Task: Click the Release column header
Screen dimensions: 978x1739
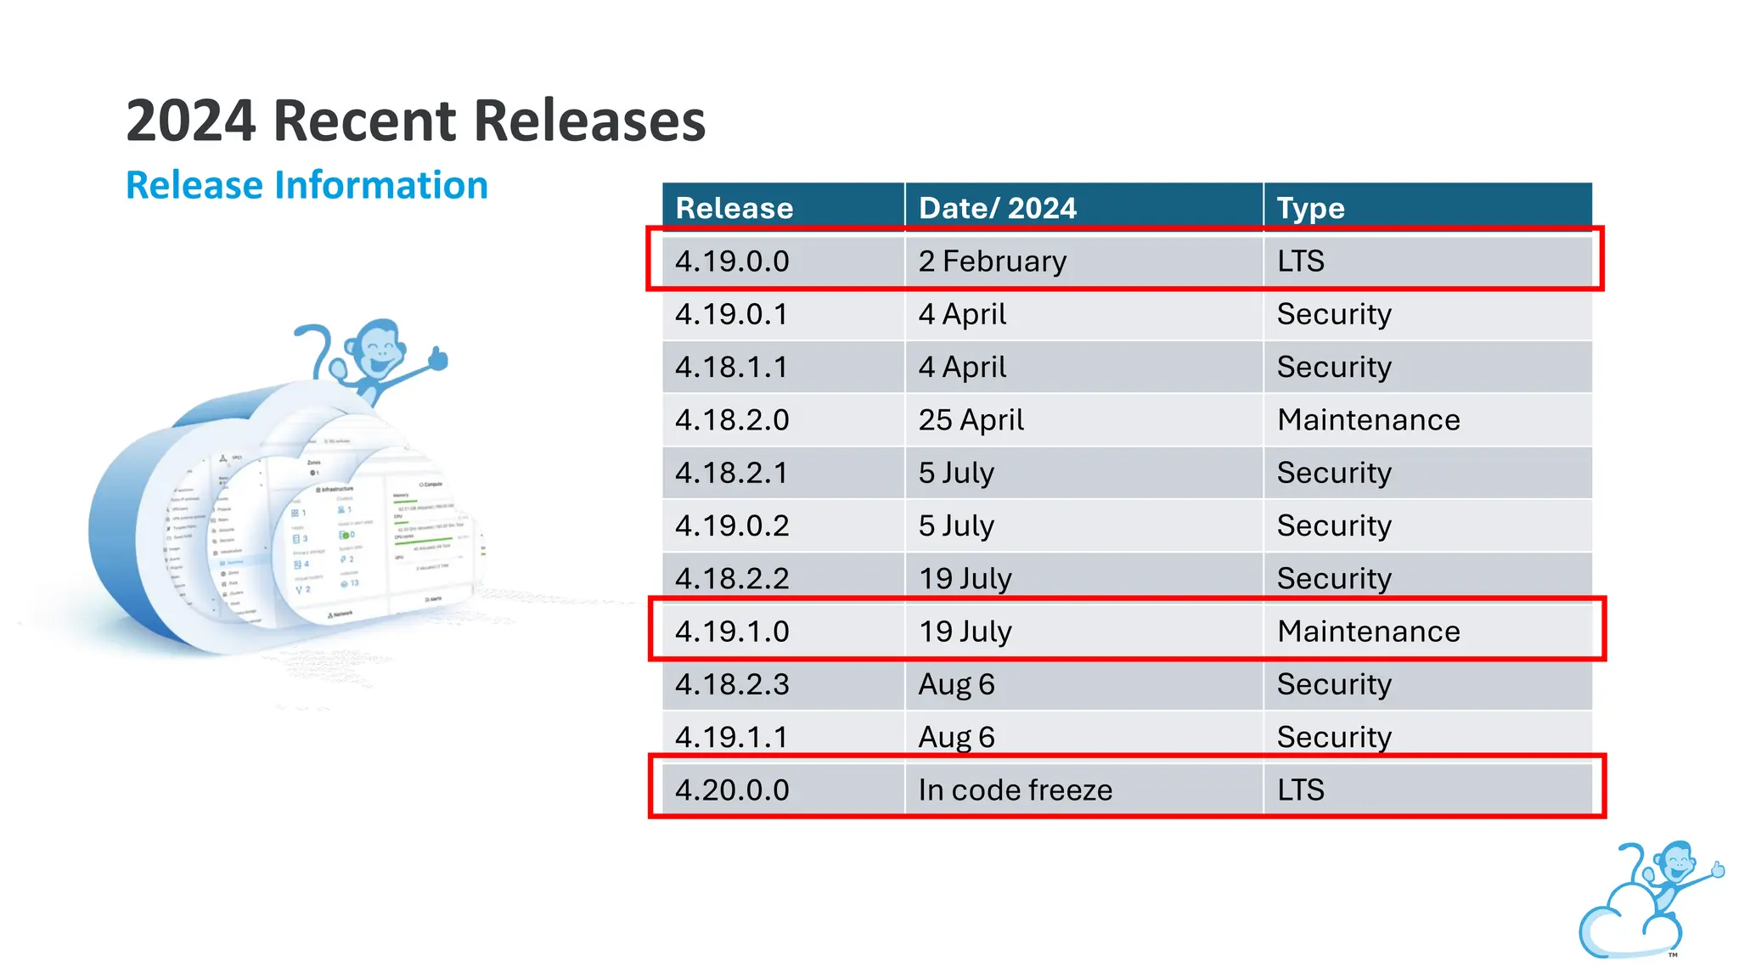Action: (734, 208)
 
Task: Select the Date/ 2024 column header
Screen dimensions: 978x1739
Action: (998, 208)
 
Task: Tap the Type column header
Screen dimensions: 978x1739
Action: (1311, 208)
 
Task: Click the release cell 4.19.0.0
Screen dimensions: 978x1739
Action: (732, 261)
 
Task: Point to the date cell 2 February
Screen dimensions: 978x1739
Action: (993, 261)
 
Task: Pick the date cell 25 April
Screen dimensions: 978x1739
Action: (971, 419)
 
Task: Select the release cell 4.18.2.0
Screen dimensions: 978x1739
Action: (732, 419)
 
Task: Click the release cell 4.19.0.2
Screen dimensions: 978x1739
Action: (732, 526)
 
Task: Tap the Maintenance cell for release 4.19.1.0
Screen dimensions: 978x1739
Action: (1369, 631)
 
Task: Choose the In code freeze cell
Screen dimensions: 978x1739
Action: (1016, 790)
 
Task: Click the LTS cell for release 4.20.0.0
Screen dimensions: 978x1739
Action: (1301, 790)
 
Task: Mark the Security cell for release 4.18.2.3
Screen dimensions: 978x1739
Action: (1334, 684)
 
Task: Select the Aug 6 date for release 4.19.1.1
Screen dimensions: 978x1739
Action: (957, 737)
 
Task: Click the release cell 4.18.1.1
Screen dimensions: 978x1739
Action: (732, 367)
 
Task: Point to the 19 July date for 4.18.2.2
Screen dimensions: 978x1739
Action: (965, 578)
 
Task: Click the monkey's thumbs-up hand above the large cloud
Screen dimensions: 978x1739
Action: (438, 358)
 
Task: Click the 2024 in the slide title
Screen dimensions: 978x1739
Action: (191, 121)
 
